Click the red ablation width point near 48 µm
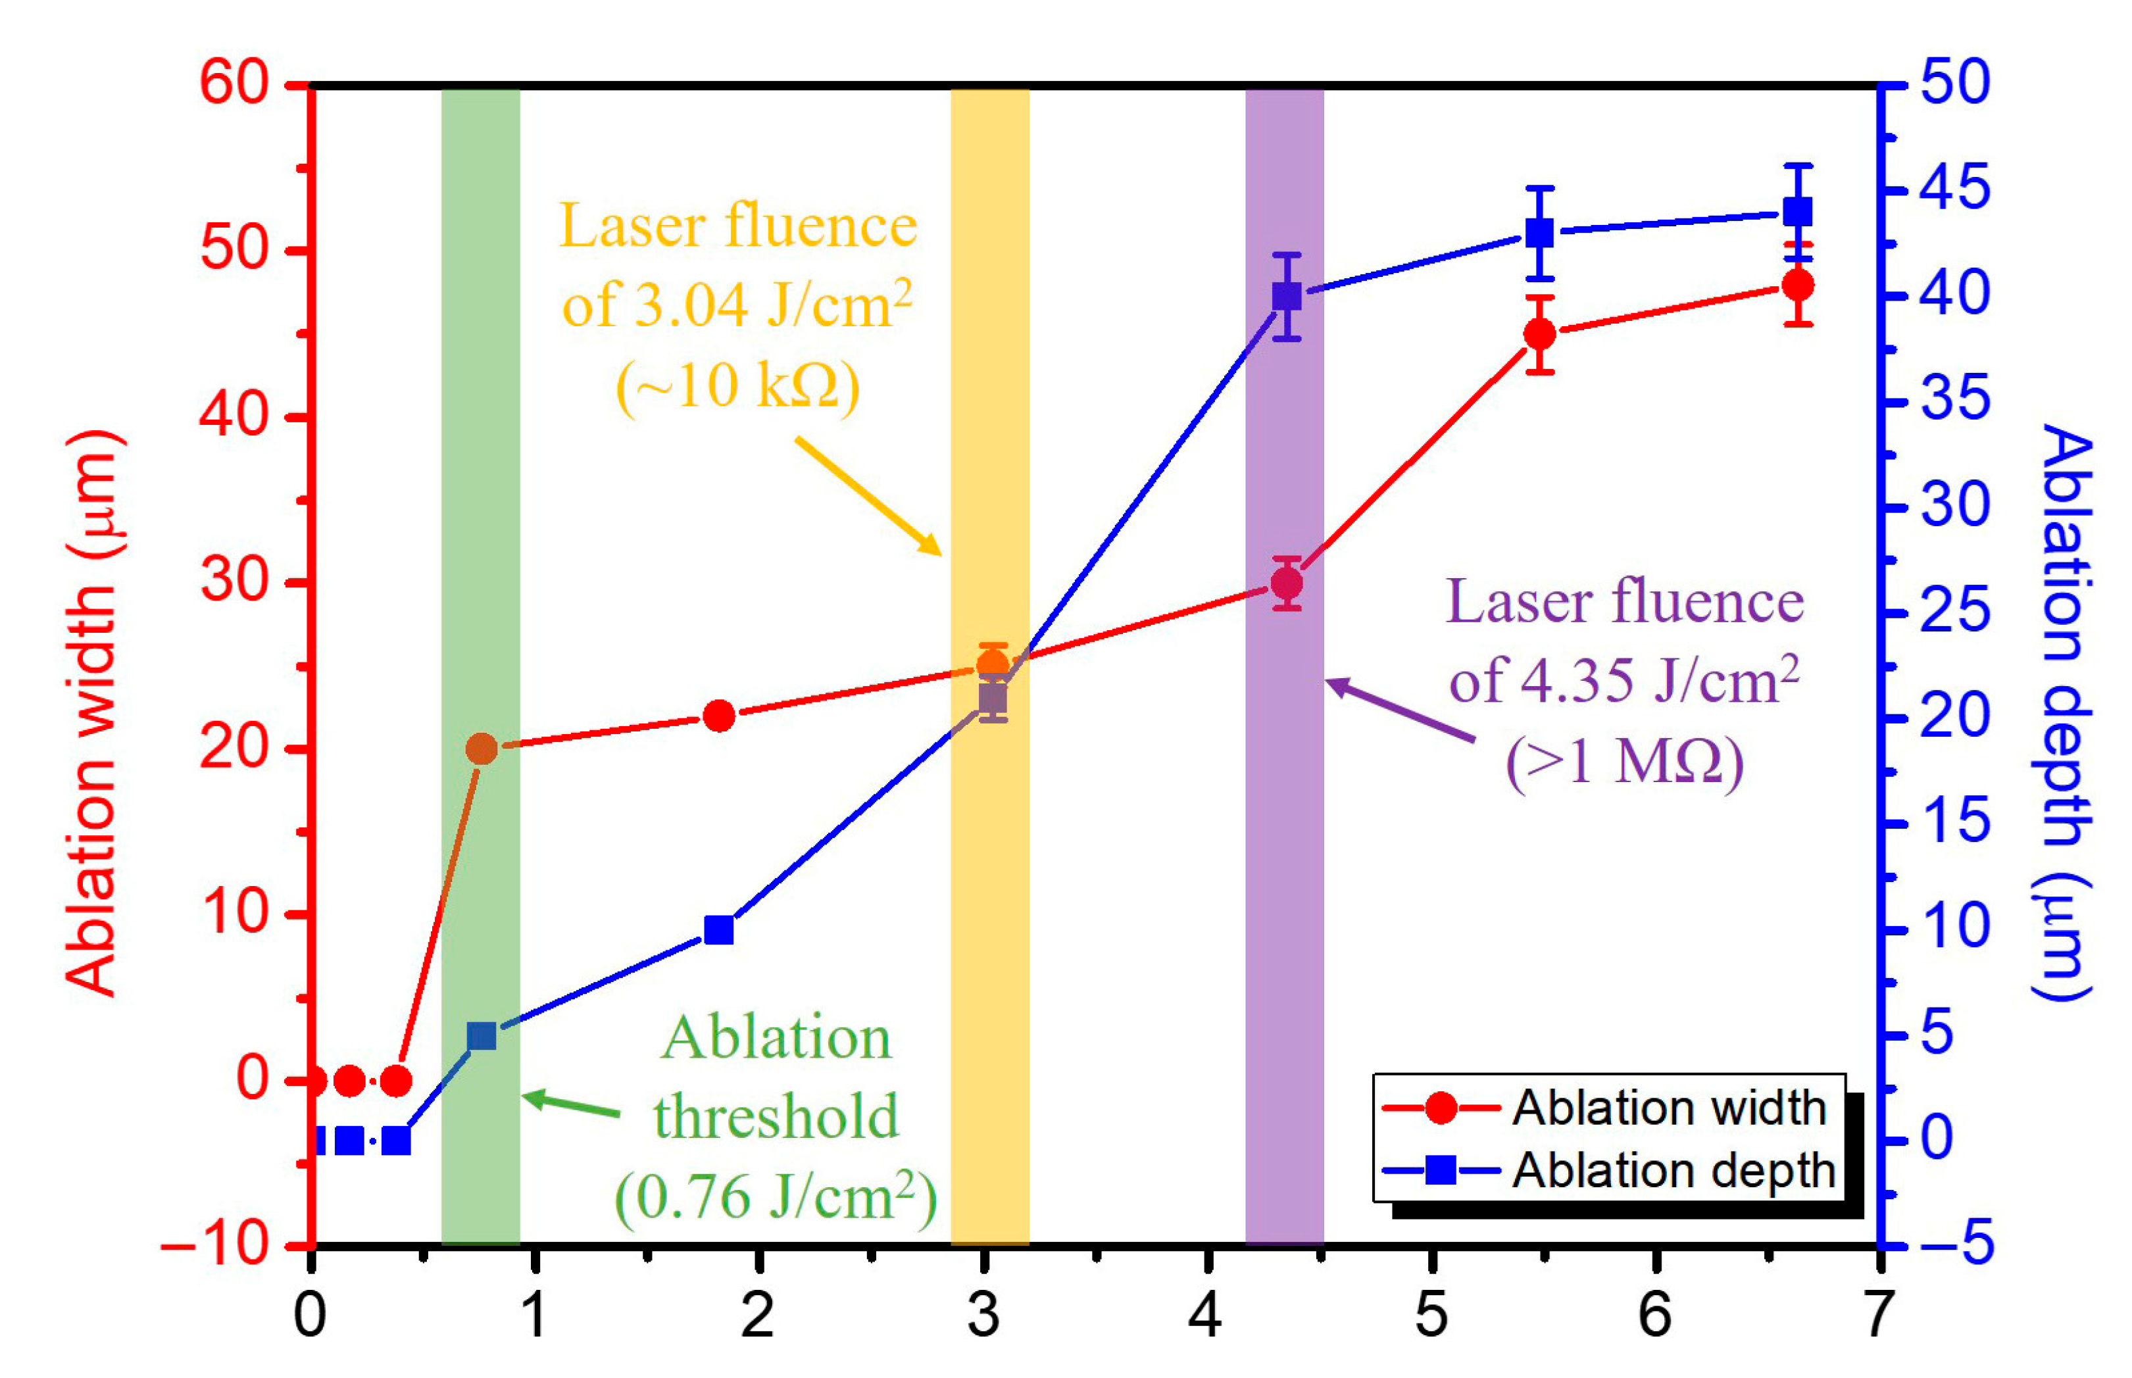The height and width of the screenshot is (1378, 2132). pyautogui.click(x=1797, y=285)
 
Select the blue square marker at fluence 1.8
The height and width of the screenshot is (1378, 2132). pyautogui.click(x=718, y=931)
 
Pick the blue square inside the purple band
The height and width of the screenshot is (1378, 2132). pyautogui.click(x=1287, y=296)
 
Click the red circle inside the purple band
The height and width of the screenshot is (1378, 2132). pyautogui.click(x=1287, y=583)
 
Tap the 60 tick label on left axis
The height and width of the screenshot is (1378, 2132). pyautogui.click(x=234, y=84)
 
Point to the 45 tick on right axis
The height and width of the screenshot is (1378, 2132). pyautogui.click(x=1956, y=189)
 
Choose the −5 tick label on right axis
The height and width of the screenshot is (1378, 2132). pyautogui.click(x=1956, y=1244)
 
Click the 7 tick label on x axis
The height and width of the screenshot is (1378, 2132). pyautogui.click(x=1879, y=1316)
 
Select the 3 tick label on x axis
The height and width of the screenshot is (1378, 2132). pyautogui.click(x=983, y=1316)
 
